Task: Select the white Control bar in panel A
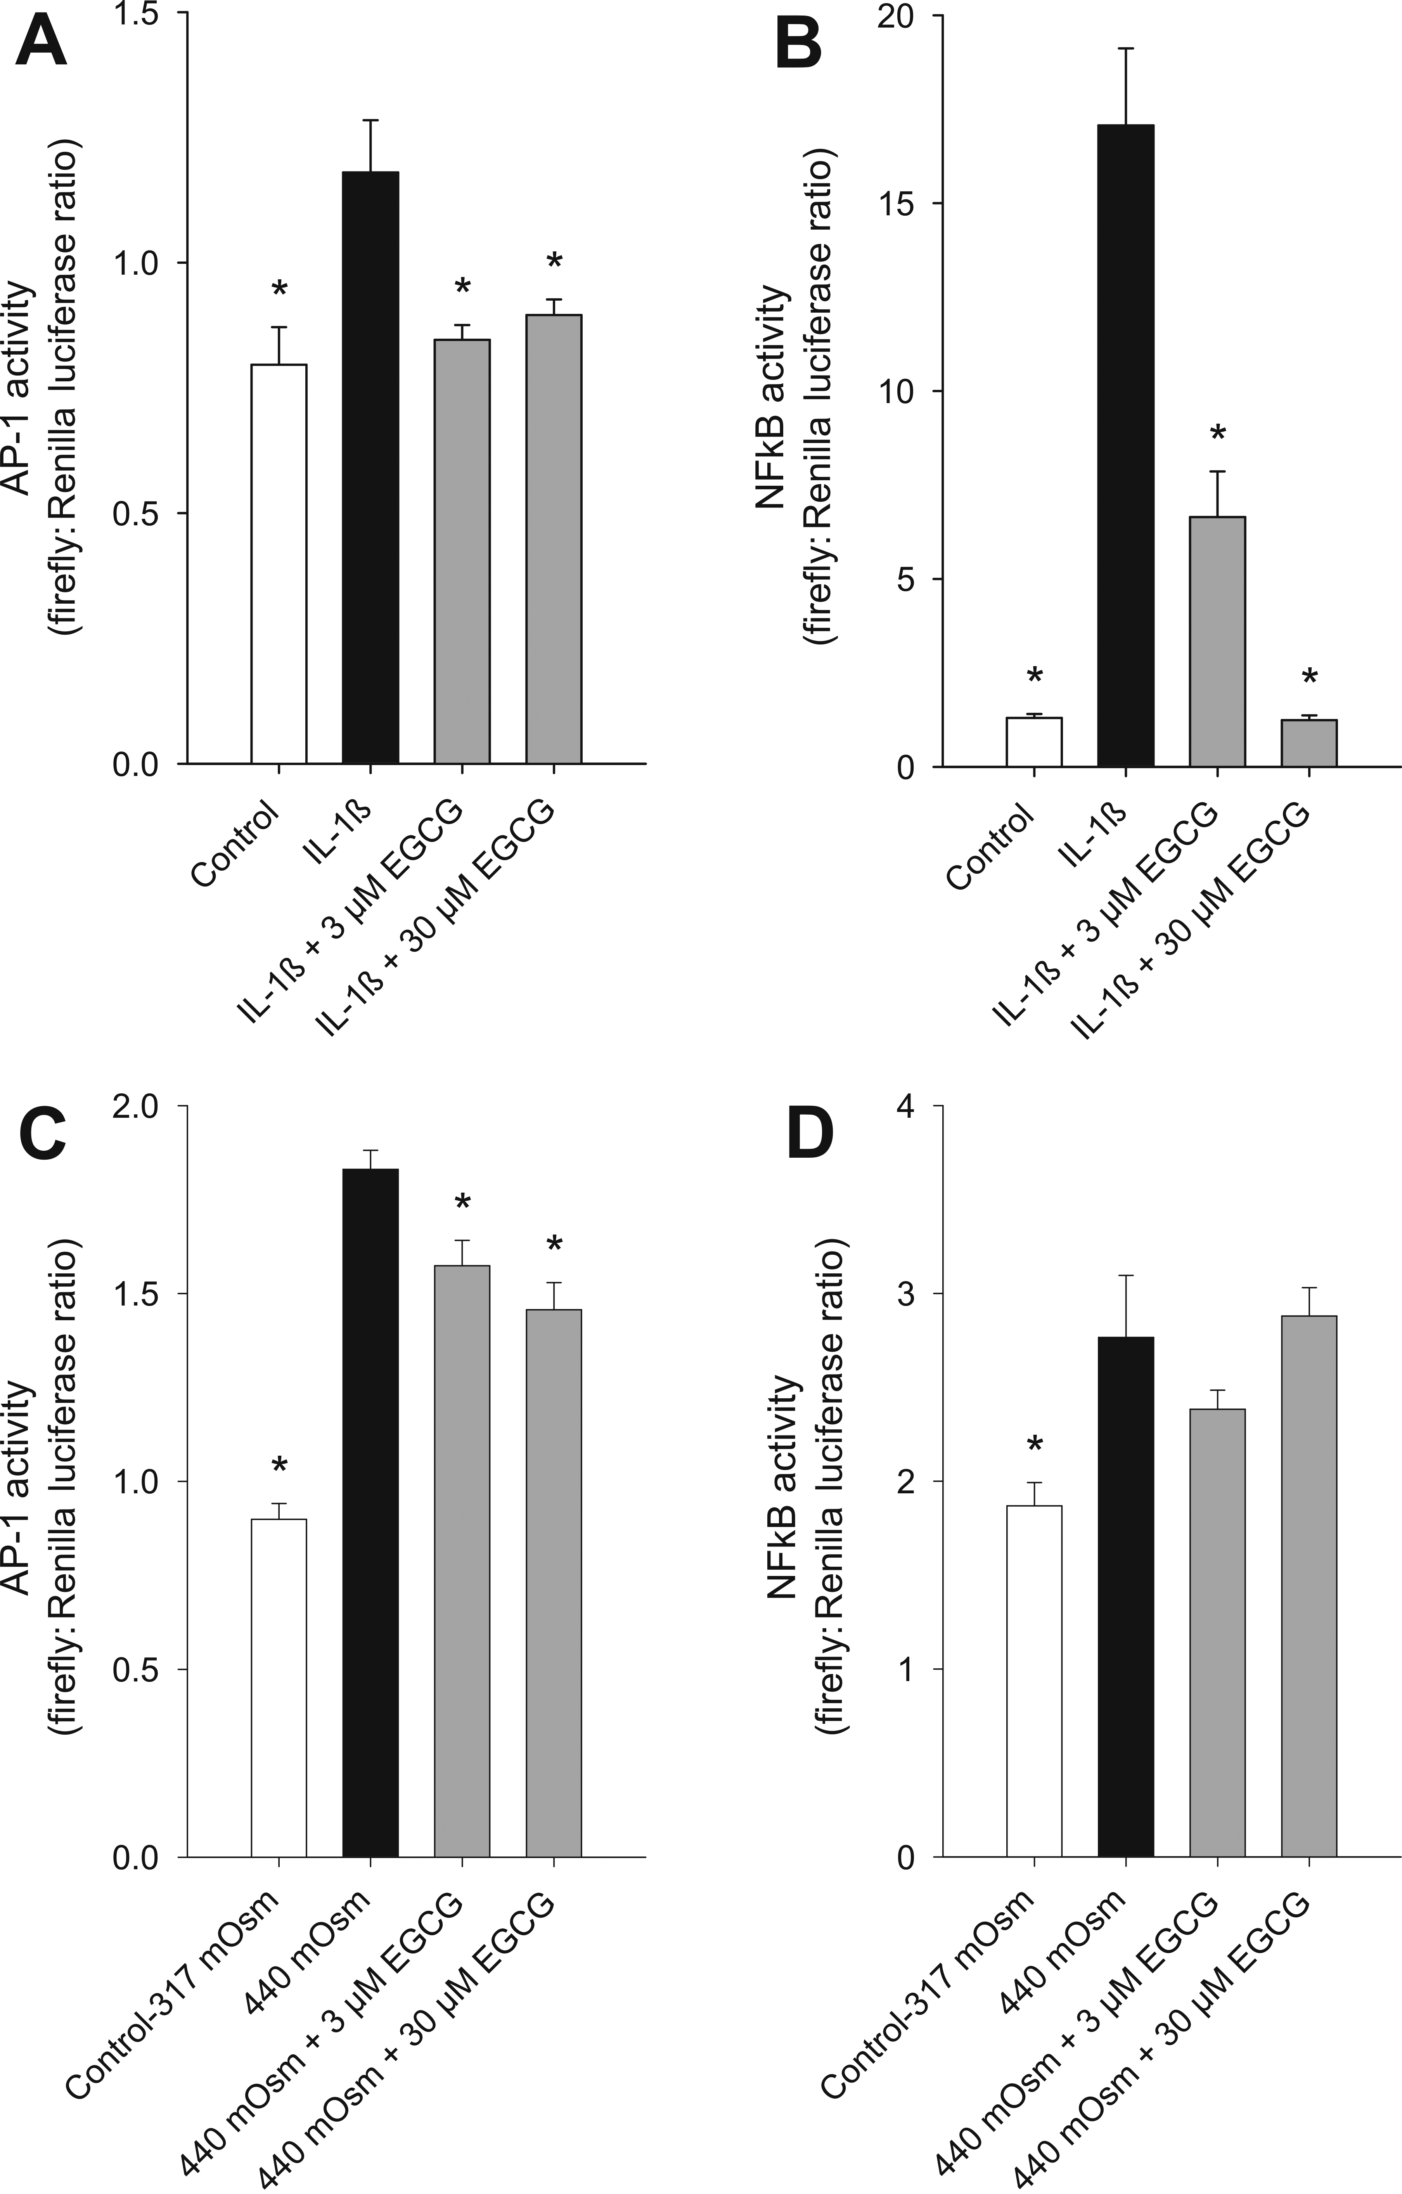[x=279, y=563]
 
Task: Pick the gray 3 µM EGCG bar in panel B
[x=1217, y=641]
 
